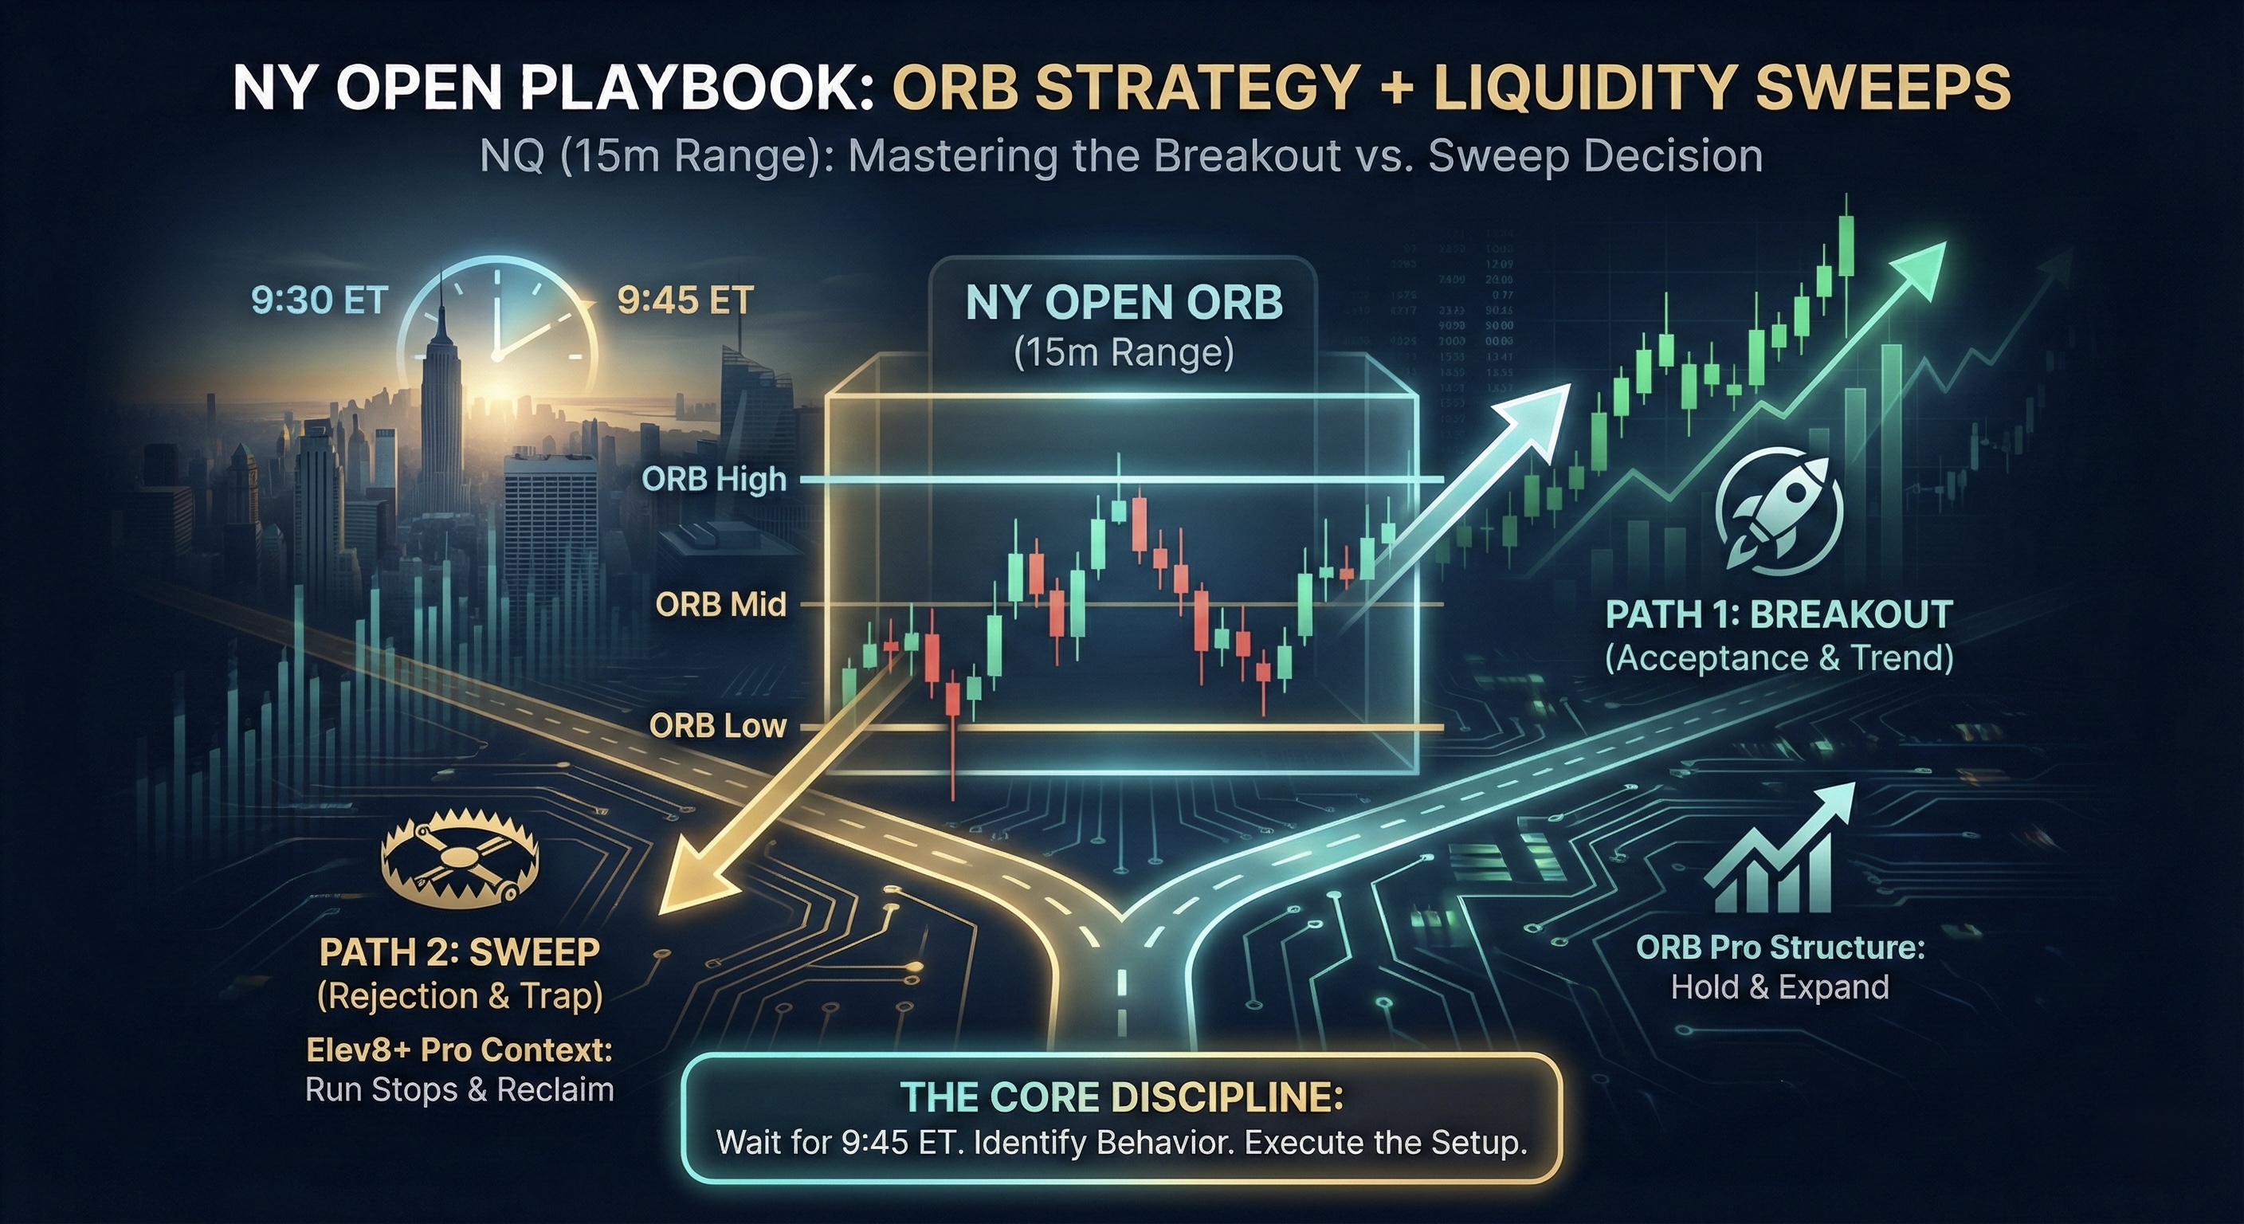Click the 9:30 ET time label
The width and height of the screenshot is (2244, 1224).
pos(319,300)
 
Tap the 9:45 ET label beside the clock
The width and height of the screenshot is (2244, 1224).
pos(685,300)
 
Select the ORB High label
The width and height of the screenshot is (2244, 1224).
pos(713,479)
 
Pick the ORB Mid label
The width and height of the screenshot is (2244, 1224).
pos(720,604)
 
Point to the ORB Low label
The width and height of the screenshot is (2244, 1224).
pos(717,726)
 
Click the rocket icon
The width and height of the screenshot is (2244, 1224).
pos(1778,514)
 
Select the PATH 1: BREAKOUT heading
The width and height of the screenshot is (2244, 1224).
pos(1779,615)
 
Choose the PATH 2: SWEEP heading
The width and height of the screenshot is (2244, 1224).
pos(459,952)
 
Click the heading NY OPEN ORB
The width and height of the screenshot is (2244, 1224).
pos(1124,303)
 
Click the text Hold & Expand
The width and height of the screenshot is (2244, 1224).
pos(1779,987)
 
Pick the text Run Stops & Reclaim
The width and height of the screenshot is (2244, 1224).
pos(459,1090)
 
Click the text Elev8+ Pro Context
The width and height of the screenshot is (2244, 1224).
pos(459,1049)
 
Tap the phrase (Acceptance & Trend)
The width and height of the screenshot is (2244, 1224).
pos(1779,657)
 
